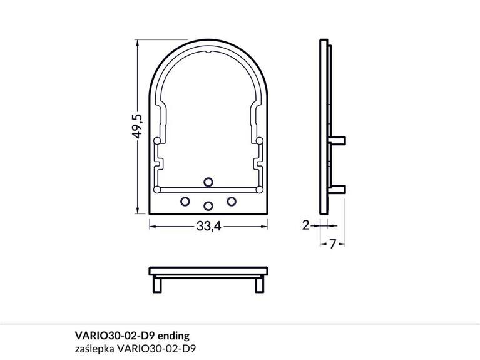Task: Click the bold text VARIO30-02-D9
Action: pos(118,334)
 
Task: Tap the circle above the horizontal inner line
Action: pos(208,181)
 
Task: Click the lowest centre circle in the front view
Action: pos(208,205)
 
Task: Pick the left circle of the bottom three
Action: pos(185,201)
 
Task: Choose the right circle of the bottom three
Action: pos(232,201)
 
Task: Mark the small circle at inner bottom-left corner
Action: pos(156,188)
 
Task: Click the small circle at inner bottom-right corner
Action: pos(259,188)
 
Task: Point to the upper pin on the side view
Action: pos(337,139)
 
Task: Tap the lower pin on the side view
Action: pos(337,188)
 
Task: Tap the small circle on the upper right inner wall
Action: pos(259,140)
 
